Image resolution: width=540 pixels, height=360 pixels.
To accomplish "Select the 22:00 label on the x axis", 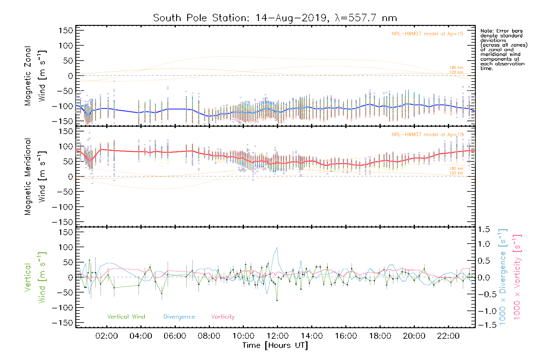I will coord(448,336).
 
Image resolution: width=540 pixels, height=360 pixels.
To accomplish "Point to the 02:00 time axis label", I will coord(106,336).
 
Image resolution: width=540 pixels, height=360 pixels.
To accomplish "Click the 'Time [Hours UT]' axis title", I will coord(275,345).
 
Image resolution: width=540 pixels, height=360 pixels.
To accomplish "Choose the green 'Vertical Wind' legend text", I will coord(126,316).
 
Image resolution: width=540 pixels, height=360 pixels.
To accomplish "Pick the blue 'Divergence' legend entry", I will coord(179,316).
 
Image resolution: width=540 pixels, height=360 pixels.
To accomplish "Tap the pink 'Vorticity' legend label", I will coord(223,316).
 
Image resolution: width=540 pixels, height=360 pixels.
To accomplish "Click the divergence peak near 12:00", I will coord(277,248).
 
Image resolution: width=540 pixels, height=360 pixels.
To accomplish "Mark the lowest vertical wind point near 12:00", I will coord(277,300).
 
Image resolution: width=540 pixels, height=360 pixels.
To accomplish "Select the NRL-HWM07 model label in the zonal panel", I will coord(427,34).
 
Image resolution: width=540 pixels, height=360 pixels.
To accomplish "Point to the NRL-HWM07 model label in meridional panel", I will coord(427,134).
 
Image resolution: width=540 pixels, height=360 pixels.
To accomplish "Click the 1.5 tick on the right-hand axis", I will coord(484,229).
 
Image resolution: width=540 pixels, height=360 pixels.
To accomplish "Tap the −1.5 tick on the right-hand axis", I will coord(484,325).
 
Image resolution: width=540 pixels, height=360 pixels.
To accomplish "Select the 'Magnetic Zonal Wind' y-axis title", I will coord(35,76).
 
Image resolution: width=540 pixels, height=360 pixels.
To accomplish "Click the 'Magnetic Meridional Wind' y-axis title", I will coord(35,176).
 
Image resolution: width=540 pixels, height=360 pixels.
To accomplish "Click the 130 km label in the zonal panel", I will coord(456,68).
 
